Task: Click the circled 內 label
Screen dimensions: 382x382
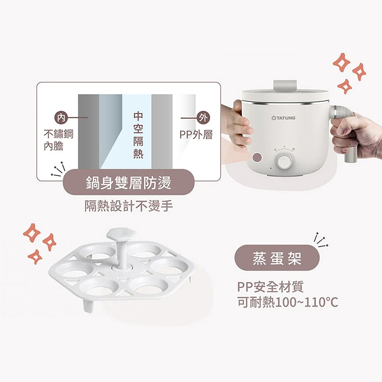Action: [62, 118]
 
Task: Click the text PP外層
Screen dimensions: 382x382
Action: [196, 135]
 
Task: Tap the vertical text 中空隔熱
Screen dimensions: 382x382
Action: [138, 134]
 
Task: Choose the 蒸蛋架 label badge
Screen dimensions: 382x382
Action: [277, 258]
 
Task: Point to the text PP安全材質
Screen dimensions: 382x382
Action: [274, 287]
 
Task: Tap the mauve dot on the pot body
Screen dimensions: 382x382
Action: [258, 157]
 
